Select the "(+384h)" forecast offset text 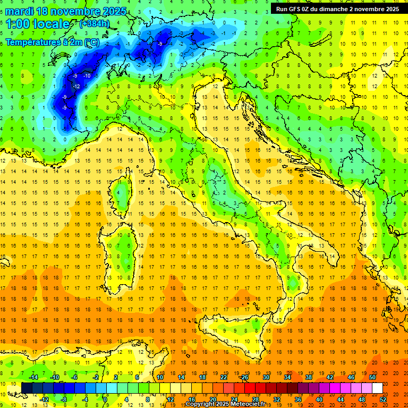click(x=95, y=24)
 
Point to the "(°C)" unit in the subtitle click(x=91, y=42)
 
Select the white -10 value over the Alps click(x=87, y=76)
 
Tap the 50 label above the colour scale click(x=372, y=377)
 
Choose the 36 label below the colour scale click(x=298, y=399)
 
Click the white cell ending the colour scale click(x=377, y=388)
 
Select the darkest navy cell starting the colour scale click(x=27, y=388)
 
